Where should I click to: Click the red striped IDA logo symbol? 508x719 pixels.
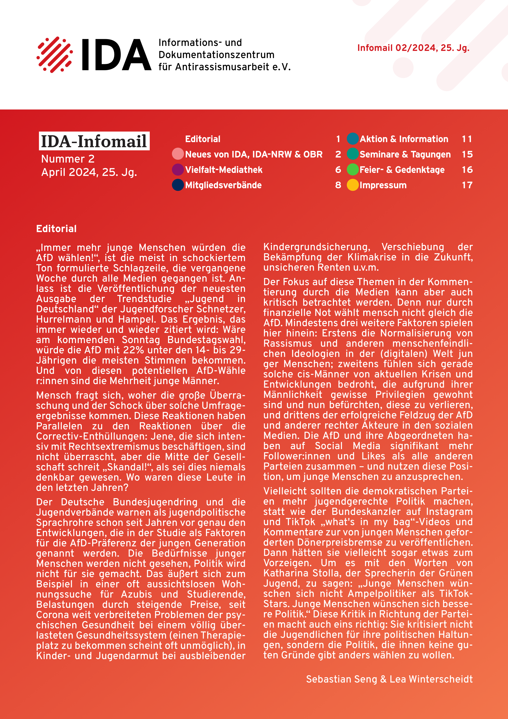(55, 55)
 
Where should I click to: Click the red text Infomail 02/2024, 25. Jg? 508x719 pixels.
(413, 48)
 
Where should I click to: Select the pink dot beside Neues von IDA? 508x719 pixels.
(178, 154)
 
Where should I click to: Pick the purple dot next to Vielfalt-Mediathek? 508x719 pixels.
(178, 170)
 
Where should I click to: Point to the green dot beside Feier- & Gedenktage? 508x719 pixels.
(353, 170)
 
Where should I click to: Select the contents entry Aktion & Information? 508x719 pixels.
(404, 139)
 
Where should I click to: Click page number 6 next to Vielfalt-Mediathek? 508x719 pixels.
(338, 170)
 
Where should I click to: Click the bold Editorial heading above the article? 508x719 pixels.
(56, 229)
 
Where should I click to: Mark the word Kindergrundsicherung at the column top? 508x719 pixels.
(317, 247)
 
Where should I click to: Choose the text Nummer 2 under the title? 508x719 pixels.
(68, 159)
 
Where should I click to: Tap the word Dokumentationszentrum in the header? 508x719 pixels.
(216, 55)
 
